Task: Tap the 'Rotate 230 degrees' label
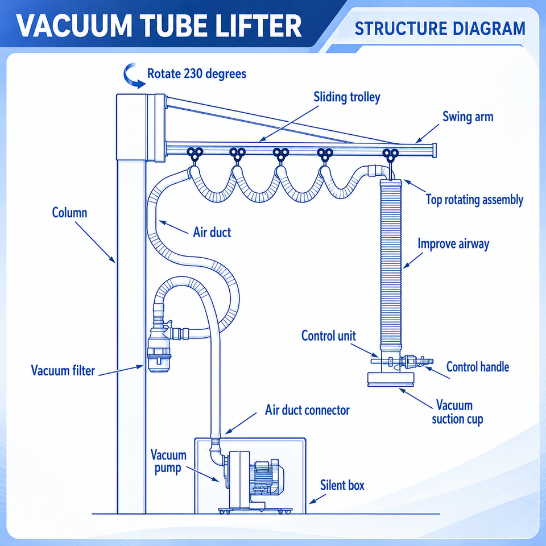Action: (197, 74)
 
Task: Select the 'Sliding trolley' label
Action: (347, 97)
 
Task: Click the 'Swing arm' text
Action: (468, 117)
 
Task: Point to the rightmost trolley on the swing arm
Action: (390, 155)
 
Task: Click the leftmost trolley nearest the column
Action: (195, 154)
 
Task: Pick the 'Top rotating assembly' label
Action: (474, 200)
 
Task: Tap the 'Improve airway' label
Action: (453, 244)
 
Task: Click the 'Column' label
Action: (69, 212)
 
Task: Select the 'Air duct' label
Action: (212, 232)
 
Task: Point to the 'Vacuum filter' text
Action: (63, 370)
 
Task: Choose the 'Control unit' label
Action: (328, 336)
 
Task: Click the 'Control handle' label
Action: (477, 367)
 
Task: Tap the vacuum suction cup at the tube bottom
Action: (391, 379)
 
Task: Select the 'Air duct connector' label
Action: (307, 410)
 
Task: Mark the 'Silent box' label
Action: (342, 485)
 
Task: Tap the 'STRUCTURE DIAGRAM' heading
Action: (440, 28)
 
